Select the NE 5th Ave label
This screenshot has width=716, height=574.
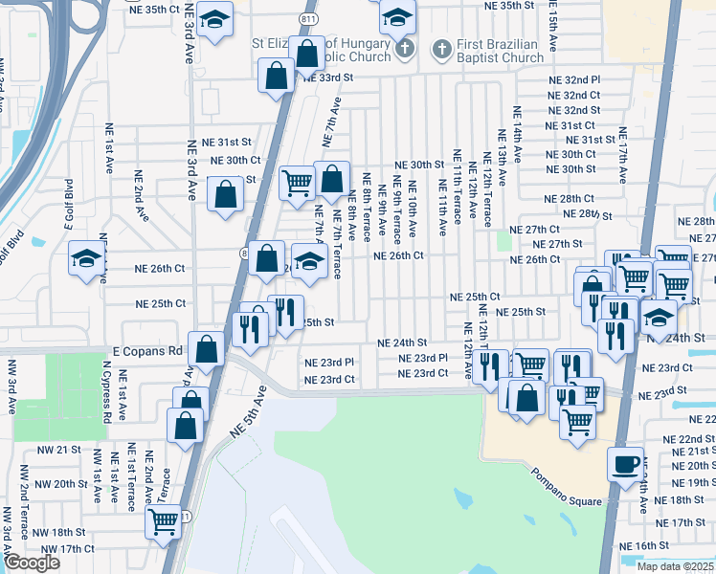click(246, 412)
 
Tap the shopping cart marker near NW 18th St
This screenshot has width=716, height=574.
click(164, 521)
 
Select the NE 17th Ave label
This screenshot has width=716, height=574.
click(623, 155)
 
